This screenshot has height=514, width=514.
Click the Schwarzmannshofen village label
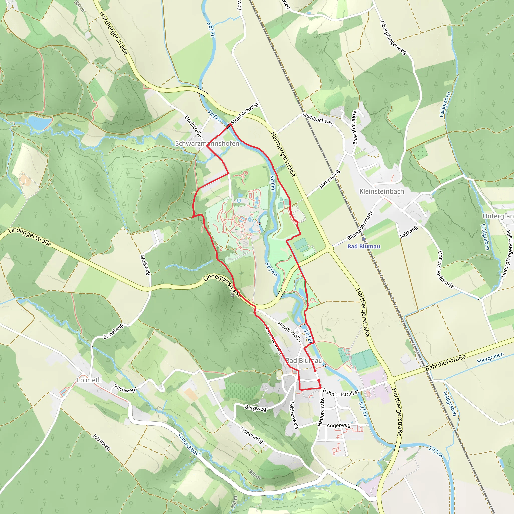(207, 143)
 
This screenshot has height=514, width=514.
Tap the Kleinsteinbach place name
(381, 191)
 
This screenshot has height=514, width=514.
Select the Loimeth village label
(89, 380)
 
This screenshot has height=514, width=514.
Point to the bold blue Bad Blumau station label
(364, 247)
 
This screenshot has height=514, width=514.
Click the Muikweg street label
(145, 265)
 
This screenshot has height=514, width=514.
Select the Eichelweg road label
(113, 331)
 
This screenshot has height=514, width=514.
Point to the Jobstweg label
(101, 442)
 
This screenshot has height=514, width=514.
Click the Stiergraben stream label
(490, 358)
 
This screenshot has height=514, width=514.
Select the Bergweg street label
(255, 408)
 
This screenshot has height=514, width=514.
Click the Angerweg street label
(338, 425)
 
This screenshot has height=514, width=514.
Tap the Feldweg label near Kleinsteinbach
(409, 232)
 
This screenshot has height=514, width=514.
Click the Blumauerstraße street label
(360, 225)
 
